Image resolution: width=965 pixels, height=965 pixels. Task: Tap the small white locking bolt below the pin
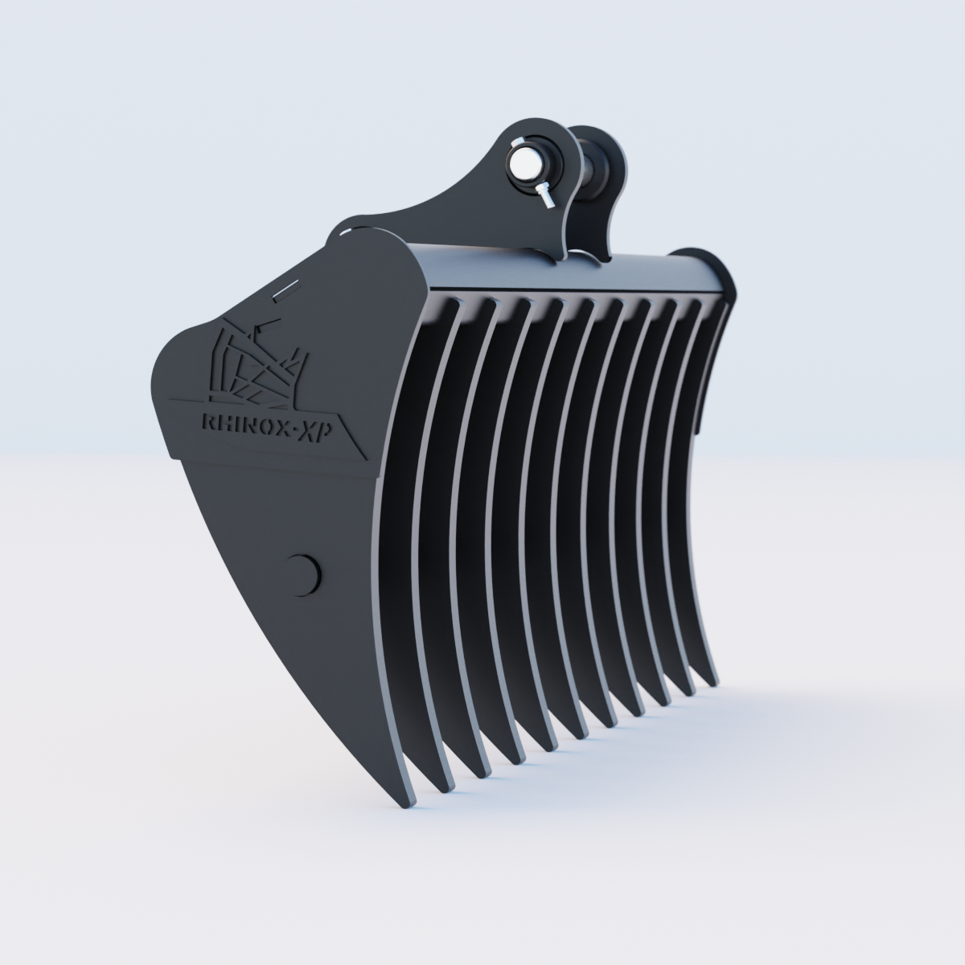pyautogui.click(x=545, y=195)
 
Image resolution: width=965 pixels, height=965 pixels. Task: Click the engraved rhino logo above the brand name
pyautogui.click(x=256, y=360)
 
